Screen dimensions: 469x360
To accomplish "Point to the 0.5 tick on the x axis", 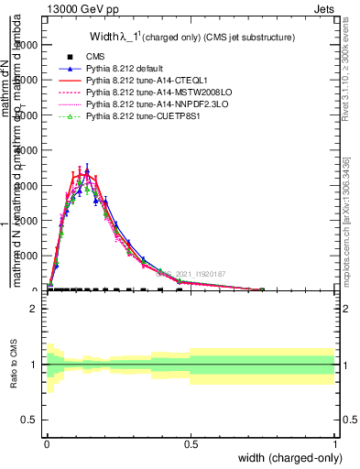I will click(191, 443).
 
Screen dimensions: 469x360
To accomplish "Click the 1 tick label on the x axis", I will click(335, 443).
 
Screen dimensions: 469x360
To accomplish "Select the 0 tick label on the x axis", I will click(47, 443).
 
